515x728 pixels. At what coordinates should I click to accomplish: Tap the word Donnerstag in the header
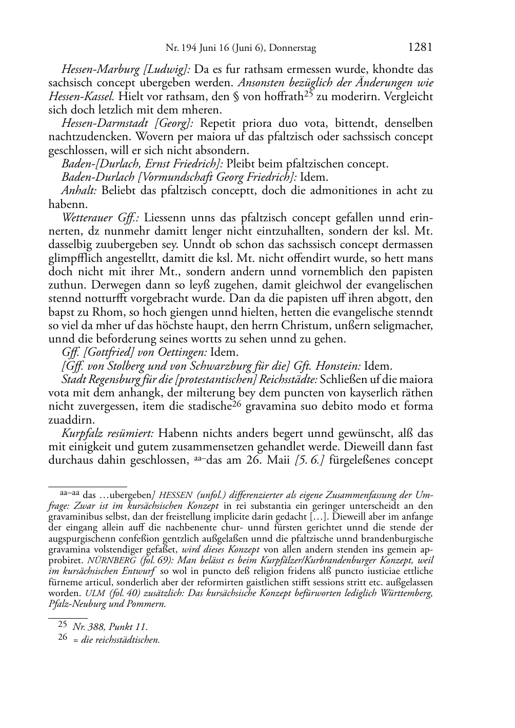pos(292,49)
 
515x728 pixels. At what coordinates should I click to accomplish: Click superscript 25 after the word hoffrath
pos(309,94)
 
